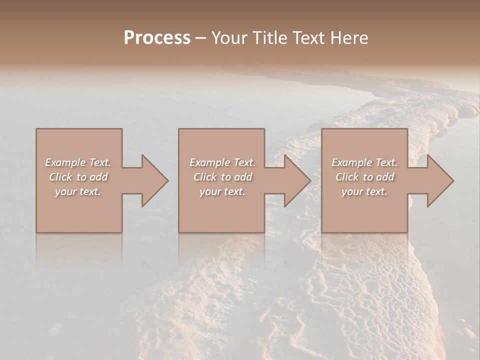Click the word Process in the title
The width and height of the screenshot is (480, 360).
(x=157, y=38)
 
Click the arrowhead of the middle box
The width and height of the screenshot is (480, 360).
(x=297, y=180)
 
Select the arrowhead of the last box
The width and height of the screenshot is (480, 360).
(x=440, y=180)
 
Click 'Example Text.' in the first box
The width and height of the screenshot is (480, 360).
(x=78, y=162)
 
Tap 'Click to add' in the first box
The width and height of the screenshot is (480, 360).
(x=78, y=177)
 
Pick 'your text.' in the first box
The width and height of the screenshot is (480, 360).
(x=78, y=191)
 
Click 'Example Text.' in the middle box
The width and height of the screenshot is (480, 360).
(x=222, y=162)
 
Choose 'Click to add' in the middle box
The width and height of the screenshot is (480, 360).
(x=222, y=177)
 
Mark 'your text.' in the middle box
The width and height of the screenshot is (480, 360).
(x=222, y=191)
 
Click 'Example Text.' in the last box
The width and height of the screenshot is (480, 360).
(x=364, y=162)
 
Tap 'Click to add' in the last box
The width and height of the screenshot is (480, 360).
(x=364, y=177)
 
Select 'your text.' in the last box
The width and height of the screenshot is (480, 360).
(x=364, y=191)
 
